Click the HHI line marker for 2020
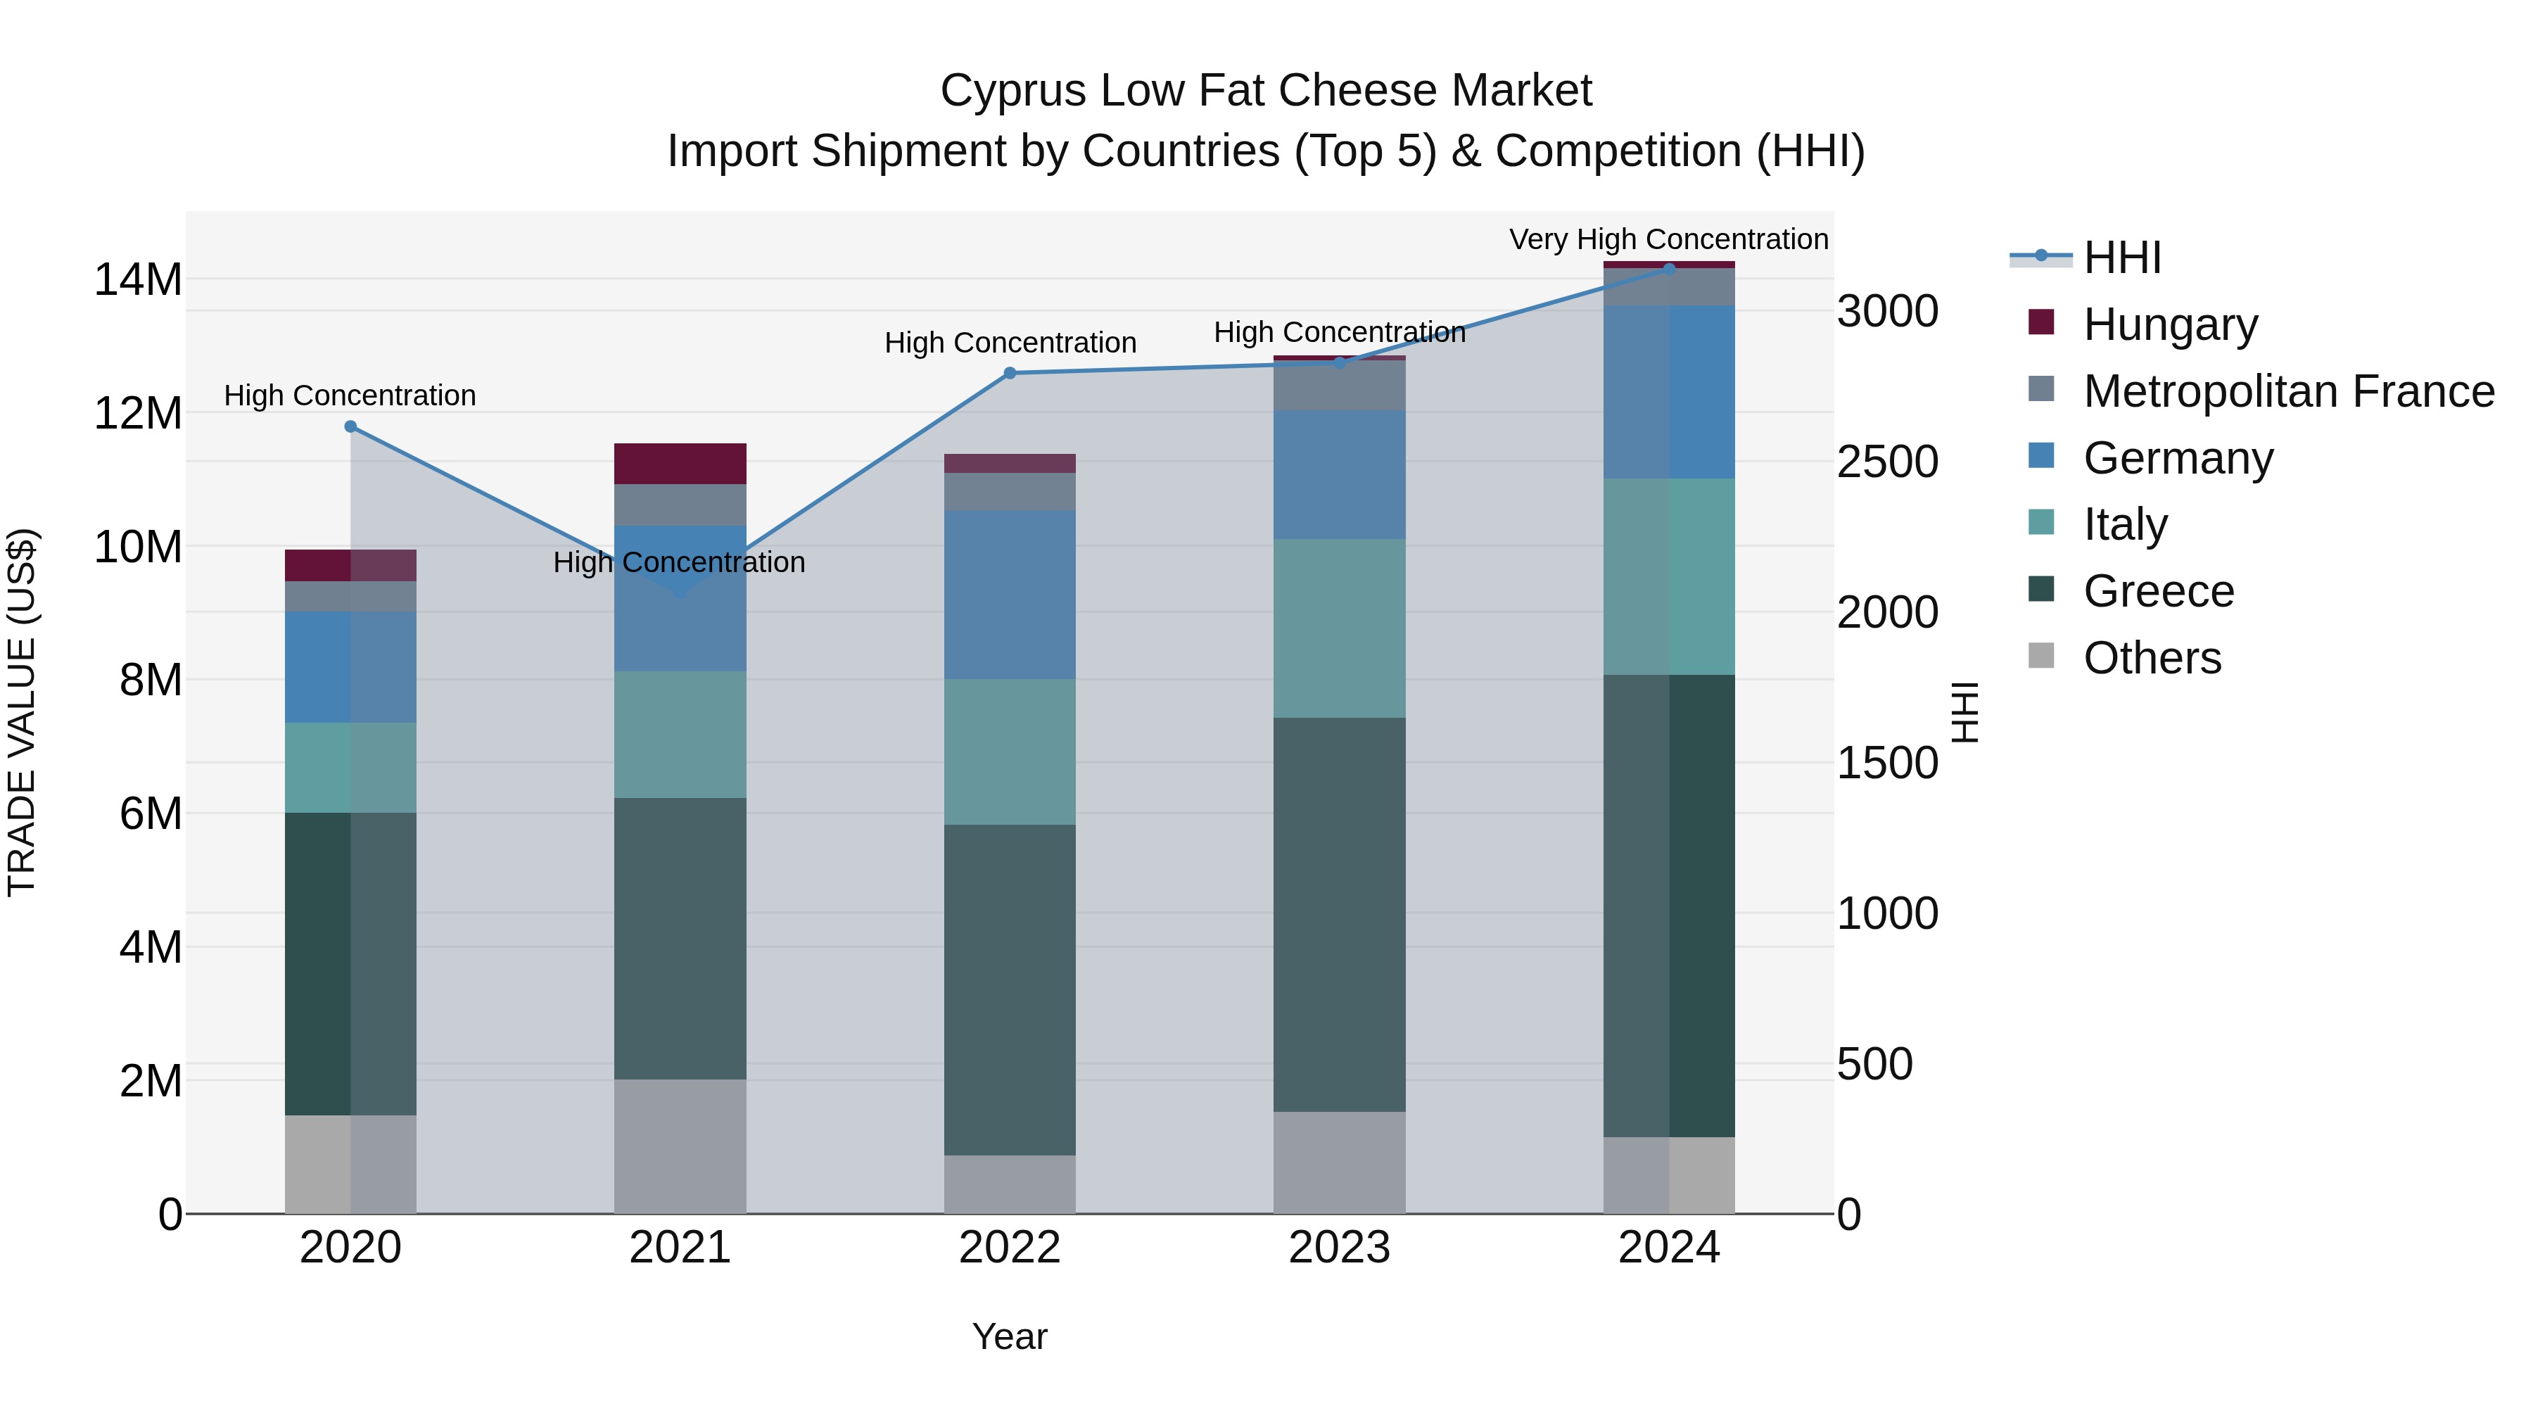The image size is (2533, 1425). tap(350, 427)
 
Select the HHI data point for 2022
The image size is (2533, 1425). tap(1010, 373)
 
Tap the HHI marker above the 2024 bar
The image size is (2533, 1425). tap(1669, 269)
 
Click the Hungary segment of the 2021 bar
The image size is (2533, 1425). tap(680, 463)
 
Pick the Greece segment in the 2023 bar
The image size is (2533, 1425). tap(1339, 915)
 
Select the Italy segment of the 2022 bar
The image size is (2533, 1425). tap(1010, 752)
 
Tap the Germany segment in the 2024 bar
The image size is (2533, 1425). tap(1669, 391)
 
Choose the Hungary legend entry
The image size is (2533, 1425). tap(2169, 324)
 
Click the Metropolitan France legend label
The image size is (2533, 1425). tap(2288, 391)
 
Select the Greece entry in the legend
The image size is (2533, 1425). tap(2159, 591)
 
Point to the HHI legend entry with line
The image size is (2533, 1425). tap(2121, 258)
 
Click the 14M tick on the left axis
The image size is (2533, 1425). tap(138, 280)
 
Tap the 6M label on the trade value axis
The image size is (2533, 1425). tap(149, 814)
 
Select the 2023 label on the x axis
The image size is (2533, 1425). tap(1339, 1248)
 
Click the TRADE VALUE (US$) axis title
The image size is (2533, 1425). tap(22, 712)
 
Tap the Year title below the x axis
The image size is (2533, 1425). tap(1010, 1336)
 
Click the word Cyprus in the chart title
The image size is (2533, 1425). tap(1012, 91)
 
